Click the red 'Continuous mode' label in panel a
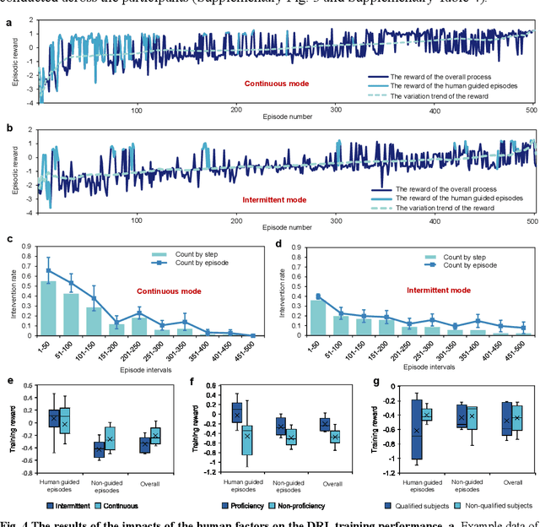[276, 84]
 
